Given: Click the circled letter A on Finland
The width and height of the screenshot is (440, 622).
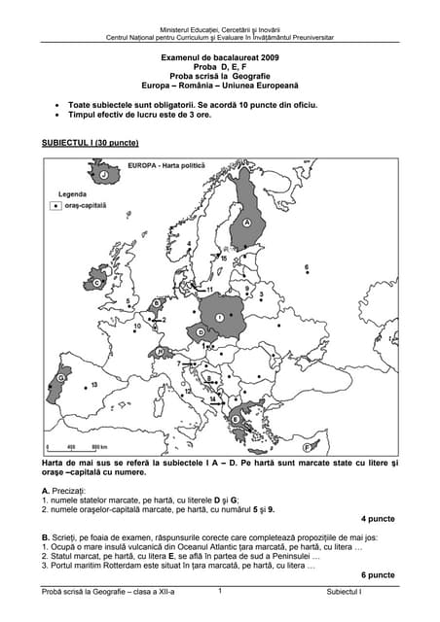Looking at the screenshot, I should [247, 223].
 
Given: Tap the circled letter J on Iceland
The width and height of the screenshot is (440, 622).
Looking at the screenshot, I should [90, 175].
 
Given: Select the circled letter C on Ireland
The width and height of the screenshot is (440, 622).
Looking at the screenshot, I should [97, 283].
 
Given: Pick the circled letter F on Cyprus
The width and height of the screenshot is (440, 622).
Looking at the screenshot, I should [307, 448].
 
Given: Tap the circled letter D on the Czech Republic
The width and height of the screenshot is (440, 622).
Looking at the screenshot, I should [201, 331].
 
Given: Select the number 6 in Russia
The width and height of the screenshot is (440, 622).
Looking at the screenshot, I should [307, 266].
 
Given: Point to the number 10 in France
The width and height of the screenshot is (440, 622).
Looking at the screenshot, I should [137, 327].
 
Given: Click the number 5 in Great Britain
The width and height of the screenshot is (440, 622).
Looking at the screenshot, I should [129, 302].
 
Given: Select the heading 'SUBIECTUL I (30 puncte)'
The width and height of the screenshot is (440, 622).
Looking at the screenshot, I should [90, 143].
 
